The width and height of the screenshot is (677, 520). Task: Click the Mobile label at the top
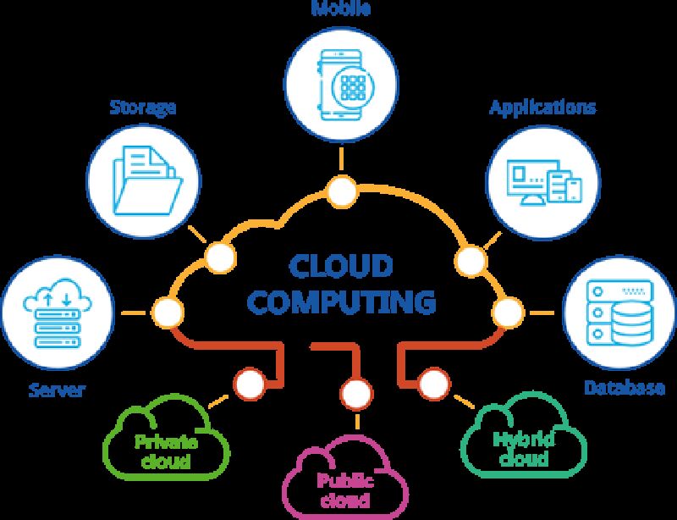point(342,8)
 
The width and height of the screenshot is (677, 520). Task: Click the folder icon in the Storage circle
point(144,179)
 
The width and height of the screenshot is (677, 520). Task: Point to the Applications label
point(542,108)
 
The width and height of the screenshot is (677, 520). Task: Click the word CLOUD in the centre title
point(342,265)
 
